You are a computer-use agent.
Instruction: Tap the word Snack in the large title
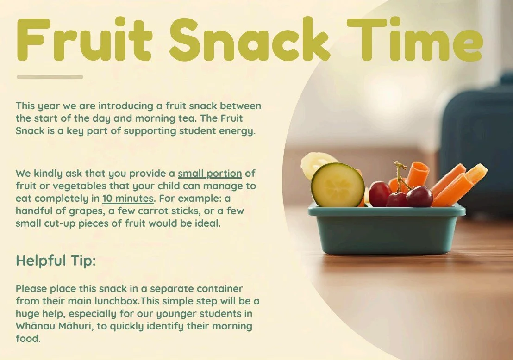coord(250,39)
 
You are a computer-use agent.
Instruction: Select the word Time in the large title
coord(414,39)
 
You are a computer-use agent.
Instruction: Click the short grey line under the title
coord(50,77)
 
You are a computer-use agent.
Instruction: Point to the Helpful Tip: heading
coord(56,261)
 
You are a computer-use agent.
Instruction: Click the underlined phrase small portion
coord(210,174)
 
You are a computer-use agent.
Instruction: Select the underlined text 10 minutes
coord(128,199)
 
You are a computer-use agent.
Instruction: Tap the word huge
coord(28,314)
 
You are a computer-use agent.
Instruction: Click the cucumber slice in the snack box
coord(337,185)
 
